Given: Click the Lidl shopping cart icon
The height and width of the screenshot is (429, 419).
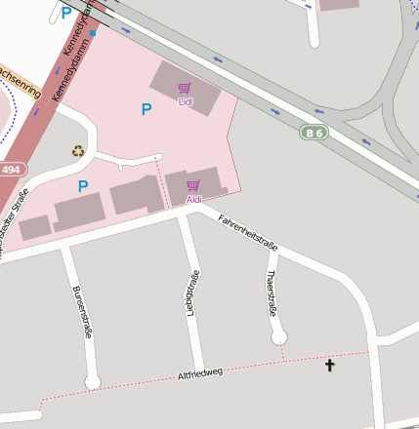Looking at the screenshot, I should pos(185,88).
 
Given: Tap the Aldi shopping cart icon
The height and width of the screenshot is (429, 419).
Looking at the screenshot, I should pos(193,185).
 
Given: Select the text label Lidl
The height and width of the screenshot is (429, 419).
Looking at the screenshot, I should pos(185,101).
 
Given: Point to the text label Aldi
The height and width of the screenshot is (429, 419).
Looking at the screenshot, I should pos(193,199).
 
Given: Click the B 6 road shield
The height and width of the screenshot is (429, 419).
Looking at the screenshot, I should pos(313,132).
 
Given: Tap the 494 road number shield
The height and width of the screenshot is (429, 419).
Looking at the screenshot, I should pos(12,169).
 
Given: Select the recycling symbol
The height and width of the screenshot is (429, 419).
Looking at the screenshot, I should pos(78,150).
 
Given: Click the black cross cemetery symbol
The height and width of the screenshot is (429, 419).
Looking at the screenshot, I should pos(329,366).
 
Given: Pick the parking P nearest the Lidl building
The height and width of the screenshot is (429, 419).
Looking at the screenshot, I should pos(147,109).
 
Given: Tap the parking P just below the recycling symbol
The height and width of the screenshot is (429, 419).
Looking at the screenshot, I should pos(83,185).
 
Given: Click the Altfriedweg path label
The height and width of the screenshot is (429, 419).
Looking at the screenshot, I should pos(200,372).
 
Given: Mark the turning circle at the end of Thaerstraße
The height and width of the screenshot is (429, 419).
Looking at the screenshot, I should pos(279,337).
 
